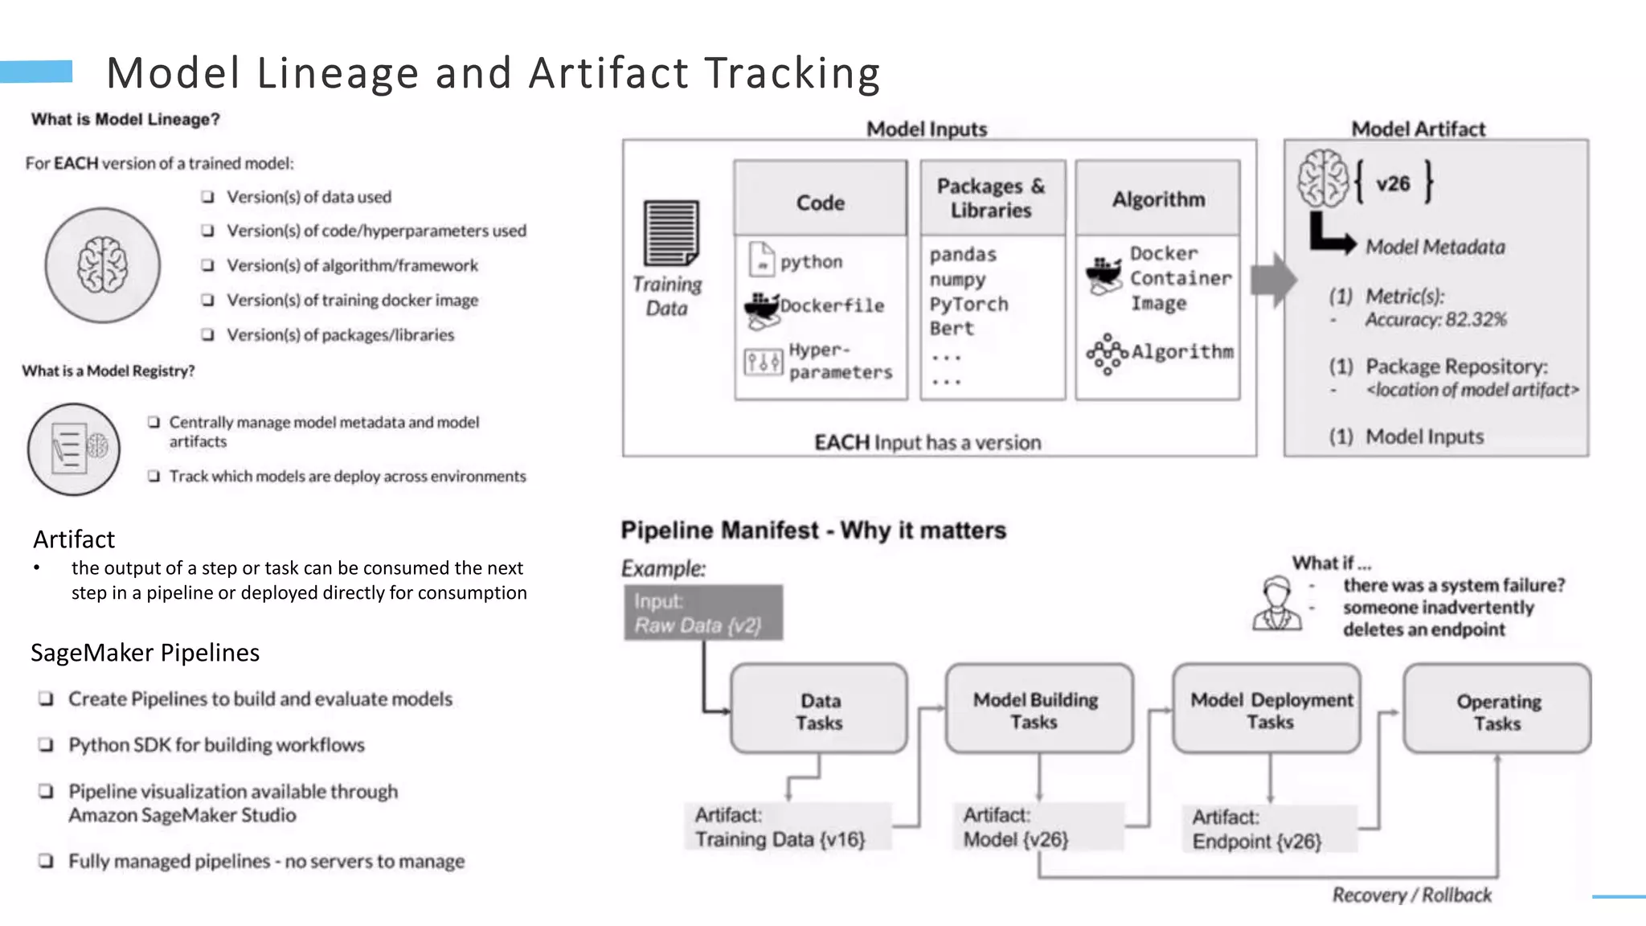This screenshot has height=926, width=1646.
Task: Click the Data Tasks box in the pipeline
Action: pyautogui.click(x=819, y=709)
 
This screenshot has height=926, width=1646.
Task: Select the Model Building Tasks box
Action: pyautogui.click(x=1038, y=709)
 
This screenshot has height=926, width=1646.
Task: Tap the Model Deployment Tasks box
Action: pyautogui.click(x=1267, y=709)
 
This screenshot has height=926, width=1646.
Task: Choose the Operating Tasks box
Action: pyautogui.click(x=1497, y=709)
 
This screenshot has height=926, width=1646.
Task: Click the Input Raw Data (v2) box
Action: pyautogui.click(x=703, y=613)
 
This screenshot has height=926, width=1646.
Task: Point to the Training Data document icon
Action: pyautogui.click(x=671, y=233)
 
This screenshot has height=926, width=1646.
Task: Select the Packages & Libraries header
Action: pyautogui.click(x=992, y=198)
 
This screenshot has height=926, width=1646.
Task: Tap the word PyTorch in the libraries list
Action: pyautogui.click(x=968, y=304)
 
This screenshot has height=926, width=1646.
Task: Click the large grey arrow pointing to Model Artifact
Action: pyautogui.click(x=1273, y=280)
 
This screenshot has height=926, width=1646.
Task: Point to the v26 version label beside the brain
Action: pyautogui.click(x=1393, y=183)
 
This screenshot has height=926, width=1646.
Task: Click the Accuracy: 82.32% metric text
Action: pyautogui.click(x=1435, y=320)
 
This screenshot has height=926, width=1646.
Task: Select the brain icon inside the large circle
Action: pyautogui.click(x=102, y=264)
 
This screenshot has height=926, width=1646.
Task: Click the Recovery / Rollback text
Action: pyautogui.click(x=1411, y=895)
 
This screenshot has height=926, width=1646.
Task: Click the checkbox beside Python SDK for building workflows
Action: pyautogui.click(x=47, y=745)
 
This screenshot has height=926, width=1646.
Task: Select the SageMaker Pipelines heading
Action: pyautogui.click(x=145, y=653)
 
